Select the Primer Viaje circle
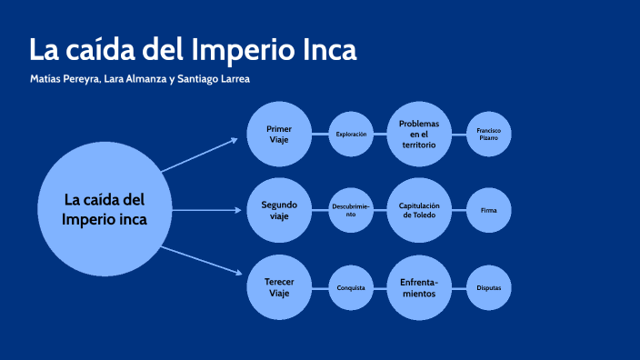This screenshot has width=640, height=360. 279,135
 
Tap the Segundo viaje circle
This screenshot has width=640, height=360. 279,211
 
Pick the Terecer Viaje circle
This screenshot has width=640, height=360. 279,287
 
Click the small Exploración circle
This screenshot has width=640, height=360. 351,135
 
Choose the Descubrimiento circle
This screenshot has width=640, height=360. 351,211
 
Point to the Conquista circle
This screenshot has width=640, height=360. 351,287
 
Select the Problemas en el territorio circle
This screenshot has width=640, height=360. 419,135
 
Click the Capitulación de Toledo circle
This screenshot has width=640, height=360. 419,211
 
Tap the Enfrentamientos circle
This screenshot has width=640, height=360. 419,287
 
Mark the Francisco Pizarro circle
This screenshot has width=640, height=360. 488,135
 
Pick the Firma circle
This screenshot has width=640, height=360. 488,211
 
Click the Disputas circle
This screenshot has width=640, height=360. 488,287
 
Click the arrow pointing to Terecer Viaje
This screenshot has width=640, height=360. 199,261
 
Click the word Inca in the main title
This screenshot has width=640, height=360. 331,49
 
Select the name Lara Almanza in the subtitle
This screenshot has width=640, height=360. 135,79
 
